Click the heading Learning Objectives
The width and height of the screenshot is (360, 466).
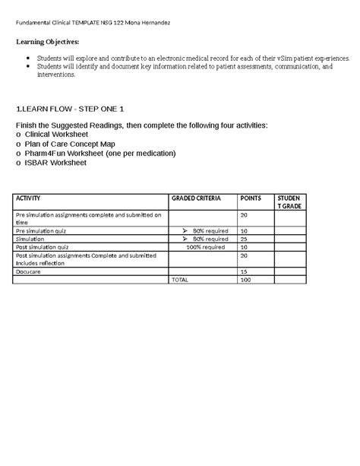coord(52,42)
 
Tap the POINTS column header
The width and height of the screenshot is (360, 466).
coord(250,198)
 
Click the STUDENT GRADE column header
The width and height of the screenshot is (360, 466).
coord(289,202)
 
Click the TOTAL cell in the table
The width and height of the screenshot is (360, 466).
coord(179,280)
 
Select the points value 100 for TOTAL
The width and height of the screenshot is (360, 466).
coord(245,280)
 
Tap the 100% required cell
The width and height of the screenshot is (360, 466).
coord(204,247)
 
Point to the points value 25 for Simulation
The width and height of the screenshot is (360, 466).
coord(244,239)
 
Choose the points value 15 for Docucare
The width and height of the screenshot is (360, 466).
coord(244,271)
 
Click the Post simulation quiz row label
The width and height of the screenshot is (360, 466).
coord(43,247)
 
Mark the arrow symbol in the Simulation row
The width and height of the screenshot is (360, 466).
coord(185,239)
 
